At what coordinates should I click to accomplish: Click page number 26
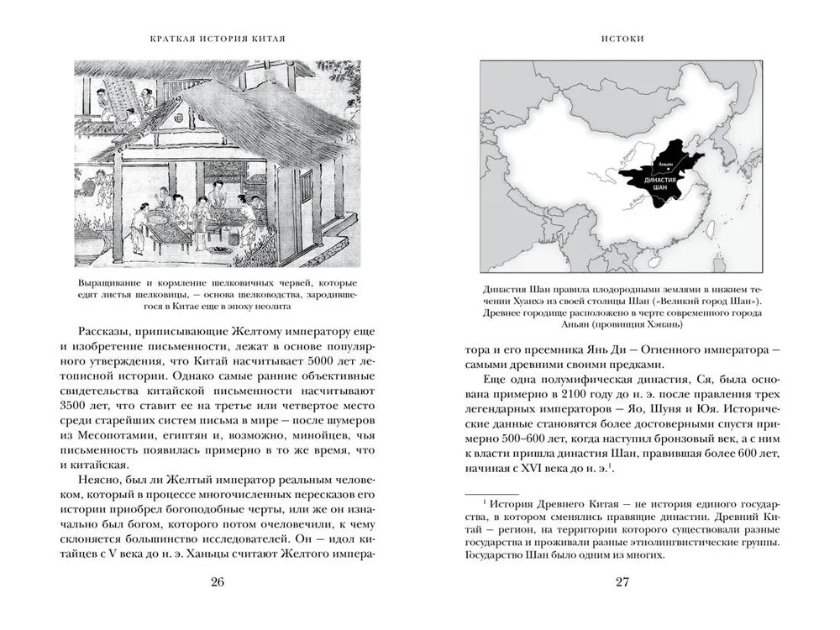[217, 584]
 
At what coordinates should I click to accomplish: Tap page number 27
[622, 584]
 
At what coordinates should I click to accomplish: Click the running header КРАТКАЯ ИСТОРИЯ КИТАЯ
[217, 39]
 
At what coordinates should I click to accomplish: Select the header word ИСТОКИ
[622, 39]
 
